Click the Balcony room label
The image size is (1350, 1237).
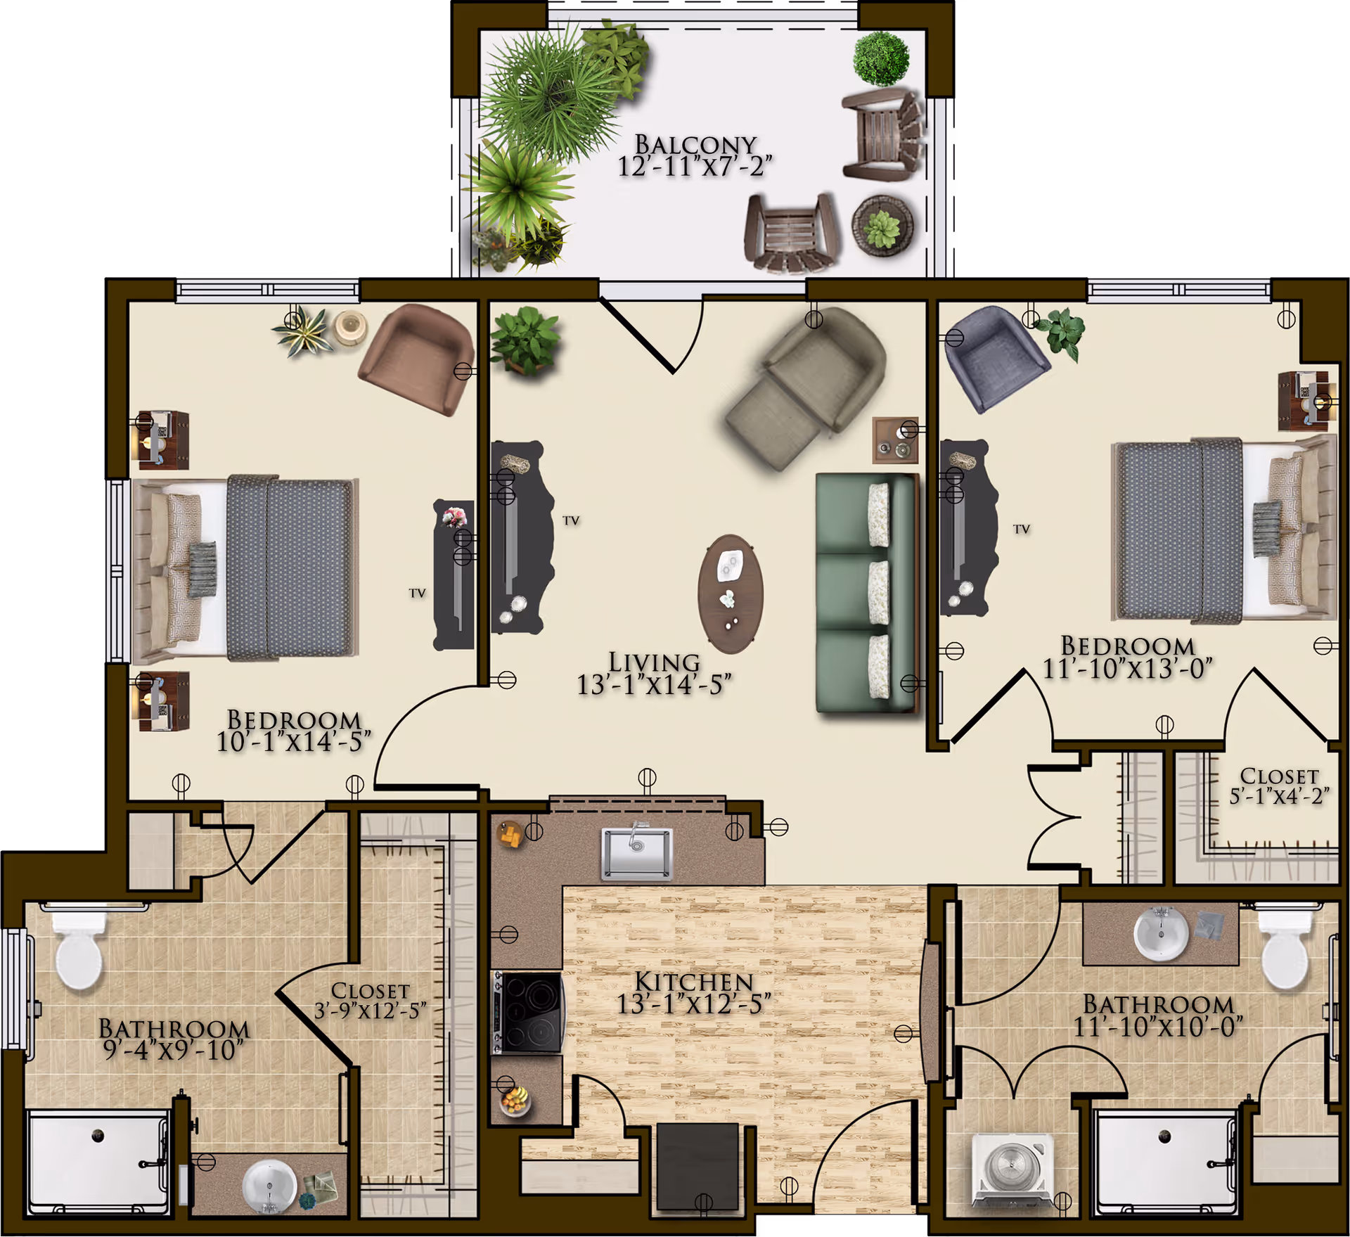[x=695, y=145]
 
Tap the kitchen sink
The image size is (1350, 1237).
[x=636, y=853]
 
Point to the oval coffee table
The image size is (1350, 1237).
[x=731, y=594]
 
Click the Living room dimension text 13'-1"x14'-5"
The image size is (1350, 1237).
[x=654, y=684]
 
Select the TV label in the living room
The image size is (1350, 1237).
[x=571, y=520]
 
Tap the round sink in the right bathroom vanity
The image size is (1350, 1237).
[x=1162, y=933]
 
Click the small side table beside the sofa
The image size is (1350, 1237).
[x=894, y=440]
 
